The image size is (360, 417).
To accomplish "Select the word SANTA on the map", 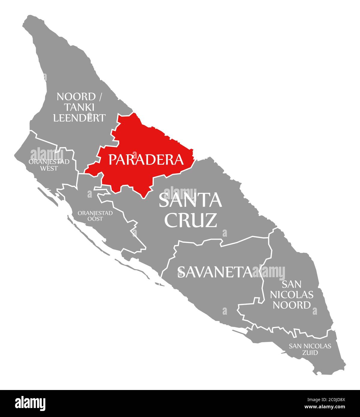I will [x=190, y=200].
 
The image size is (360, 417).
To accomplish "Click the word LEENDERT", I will [x=79, y=118].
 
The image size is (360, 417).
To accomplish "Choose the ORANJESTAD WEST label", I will [x=49, y=165].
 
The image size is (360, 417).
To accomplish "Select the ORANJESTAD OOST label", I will [x=95, y=216].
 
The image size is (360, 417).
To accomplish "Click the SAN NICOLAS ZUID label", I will [x=310, y=349].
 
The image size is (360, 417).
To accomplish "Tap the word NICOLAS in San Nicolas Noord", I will [x=292, y=295].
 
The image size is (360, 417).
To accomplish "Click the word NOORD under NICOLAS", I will [x=292, y=305].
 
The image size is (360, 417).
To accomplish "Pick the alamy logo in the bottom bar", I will [x=30, y=403].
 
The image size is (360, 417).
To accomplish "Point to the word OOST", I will [x=95, y=219].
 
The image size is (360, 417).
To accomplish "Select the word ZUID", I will [x=310, y=353].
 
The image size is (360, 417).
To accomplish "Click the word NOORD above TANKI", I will [x=76, y=97].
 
